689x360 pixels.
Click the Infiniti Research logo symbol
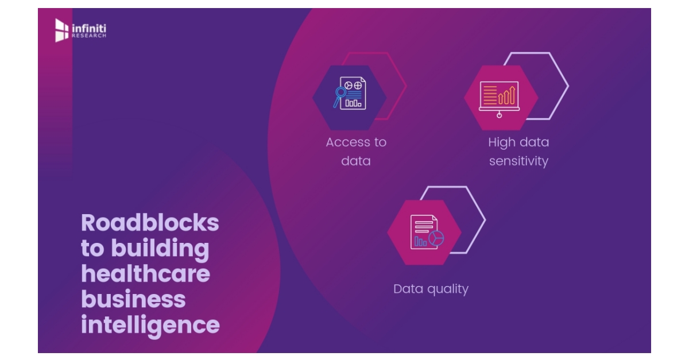(61, 30)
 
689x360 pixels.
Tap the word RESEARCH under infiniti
(88, 36)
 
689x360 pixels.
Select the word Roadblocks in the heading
(150, 223)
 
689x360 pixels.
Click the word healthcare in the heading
(145, 274)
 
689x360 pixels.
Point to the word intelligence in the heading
(150, 325)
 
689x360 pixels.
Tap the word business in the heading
(133, 299)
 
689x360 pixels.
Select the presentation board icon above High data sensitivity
(499, 96)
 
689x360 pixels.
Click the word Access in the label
(344, 142)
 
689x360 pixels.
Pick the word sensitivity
(518, 161)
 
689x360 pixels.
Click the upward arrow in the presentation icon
(508, 91)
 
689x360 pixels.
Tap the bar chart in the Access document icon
(353, 103)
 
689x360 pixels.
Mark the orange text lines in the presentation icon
(490, 95)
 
